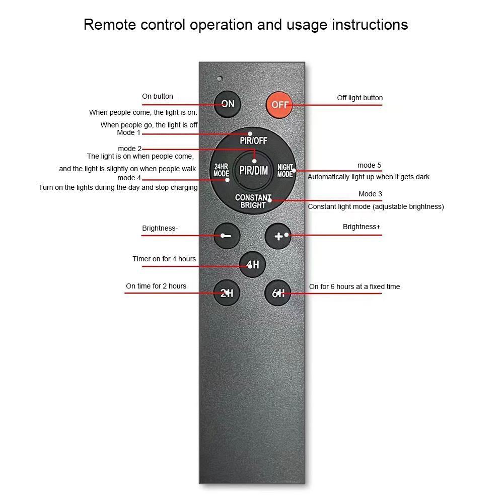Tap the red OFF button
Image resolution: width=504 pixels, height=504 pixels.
tap(279, 105)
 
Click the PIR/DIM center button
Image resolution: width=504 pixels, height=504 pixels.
tap(253, 170)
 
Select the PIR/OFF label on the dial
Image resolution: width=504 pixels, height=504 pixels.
tap(253, 140)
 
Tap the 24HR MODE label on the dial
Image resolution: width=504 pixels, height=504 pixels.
tap(221, 170)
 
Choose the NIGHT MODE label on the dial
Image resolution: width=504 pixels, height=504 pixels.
tap(285, 170)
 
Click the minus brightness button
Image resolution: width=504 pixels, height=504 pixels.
tap(227, 236)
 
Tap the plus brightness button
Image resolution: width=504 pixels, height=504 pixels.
tap(278, 236)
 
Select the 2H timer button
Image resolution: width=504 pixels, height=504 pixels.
tap(227, 293)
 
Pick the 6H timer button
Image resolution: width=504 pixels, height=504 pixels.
tap(278, 293)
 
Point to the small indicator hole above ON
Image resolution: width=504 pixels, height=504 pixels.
tap(220, 79)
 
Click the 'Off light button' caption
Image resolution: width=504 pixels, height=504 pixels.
tap(359, 98)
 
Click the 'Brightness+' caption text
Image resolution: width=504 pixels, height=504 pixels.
tap(362, 227)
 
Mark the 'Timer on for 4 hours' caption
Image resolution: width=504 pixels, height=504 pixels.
tap(164, 259)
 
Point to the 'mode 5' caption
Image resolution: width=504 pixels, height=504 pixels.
tap(370, 165)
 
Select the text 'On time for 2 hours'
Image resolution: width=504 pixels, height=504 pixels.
tap(156, 286)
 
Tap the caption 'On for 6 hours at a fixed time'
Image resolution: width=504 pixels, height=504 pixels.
tap(354, 286)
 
